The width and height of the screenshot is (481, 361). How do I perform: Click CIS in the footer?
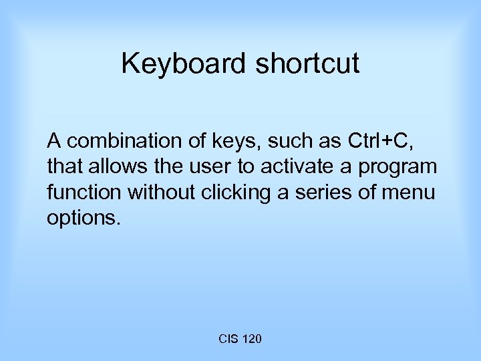point(228,340)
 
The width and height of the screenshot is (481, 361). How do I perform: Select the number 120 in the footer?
point(252,340)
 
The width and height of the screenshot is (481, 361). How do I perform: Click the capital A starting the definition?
point(53,141)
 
